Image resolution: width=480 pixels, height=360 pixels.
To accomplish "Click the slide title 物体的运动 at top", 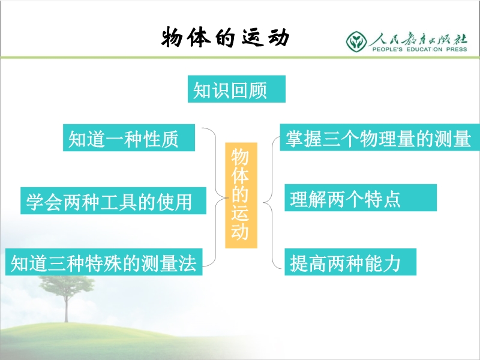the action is [x=226, y=37].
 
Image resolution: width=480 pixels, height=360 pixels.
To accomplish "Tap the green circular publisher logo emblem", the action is [x=356, y=41].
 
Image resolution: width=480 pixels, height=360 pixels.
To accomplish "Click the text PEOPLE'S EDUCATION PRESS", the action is [x=419, y=49].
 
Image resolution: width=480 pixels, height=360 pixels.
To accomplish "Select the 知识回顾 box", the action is [x=236, y=89].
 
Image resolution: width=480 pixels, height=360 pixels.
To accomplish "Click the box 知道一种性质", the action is [x=129, y=137].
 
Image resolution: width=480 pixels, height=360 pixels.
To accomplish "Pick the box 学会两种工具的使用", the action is [x=113, y=200].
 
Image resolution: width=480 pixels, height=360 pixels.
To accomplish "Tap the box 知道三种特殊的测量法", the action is [x=104, y=262].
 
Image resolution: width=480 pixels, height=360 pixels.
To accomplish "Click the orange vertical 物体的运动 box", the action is [x=241, y=196].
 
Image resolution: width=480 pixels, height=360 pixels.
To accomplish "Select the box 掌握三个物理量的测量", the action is [x=380, y=137].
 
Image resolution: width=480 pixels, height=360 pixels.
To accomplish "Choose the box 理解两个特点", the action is [x=361, y=198].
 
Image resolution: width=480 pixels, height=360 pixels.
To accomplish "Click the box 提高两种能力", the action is [x=350, y=262].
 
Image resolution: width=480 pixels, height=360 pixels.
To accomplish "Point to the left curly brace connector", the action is [x=215, y=197].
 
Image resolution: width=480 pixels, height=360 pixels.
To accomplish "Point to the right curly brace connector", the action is [x=272, y=202].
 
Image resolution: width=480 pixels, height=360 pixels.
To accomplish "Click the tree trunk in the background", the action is [x=66, y=308].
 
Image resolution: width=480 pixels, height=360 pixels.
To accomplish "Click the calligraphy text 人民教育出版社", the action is [x=418, y=39].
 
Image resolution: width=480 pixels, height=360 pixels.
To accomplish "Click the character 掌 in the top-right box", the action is [x=295, y=138].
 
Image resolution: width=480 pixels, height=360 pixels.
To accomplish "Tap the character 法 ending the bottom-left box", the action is [x=187, y=263].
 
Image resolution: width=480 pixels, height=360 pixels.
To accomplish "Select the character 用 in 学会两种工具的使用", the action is [x=184, y=202].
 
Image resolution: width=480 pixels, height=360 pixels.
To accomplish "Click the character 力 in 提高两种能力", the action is [x=392, y=263].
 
